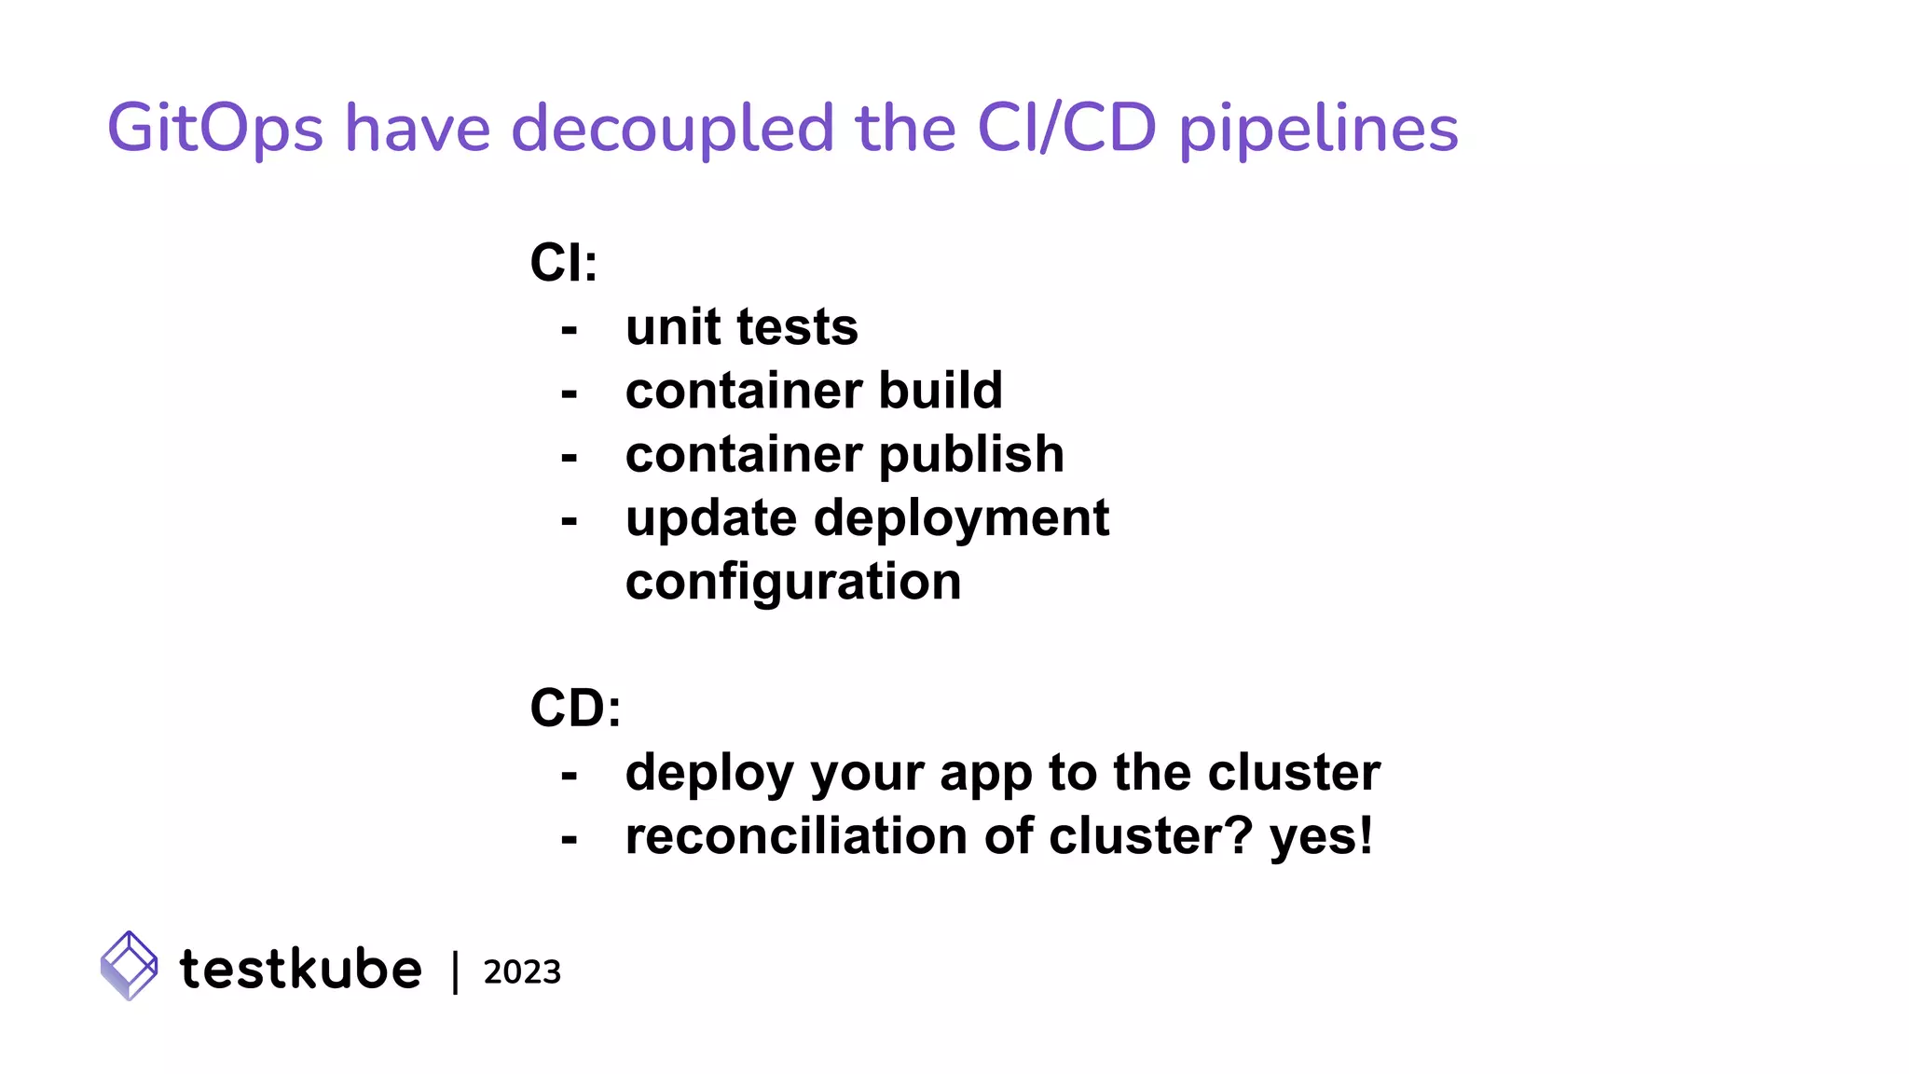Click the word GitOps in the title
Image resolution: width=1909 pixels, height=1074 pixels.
pos(214,129)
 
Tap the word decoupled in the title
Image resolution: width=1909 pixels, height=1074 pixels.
pos(672,129)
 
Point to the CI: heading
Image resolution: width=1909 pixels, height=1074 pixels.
pos(563,263)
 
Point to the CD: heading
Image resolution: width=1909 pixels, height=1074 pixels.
pos(575,709)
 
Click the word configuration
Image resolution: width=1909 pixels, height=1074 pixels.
pos(793,583)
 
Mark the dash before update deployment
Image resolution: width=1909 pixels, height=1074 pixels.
pos(570,520)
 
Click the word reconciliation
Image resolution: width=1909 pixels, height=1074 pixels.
pos(796,836)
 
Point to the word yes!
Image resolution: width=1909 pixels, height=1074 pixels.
pos(1321,837)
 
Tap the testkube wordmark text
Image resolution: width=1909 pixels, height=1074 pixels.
pos(300,969)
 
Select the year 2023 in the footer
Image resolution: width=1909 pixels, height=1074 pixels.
pos(522,972)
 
